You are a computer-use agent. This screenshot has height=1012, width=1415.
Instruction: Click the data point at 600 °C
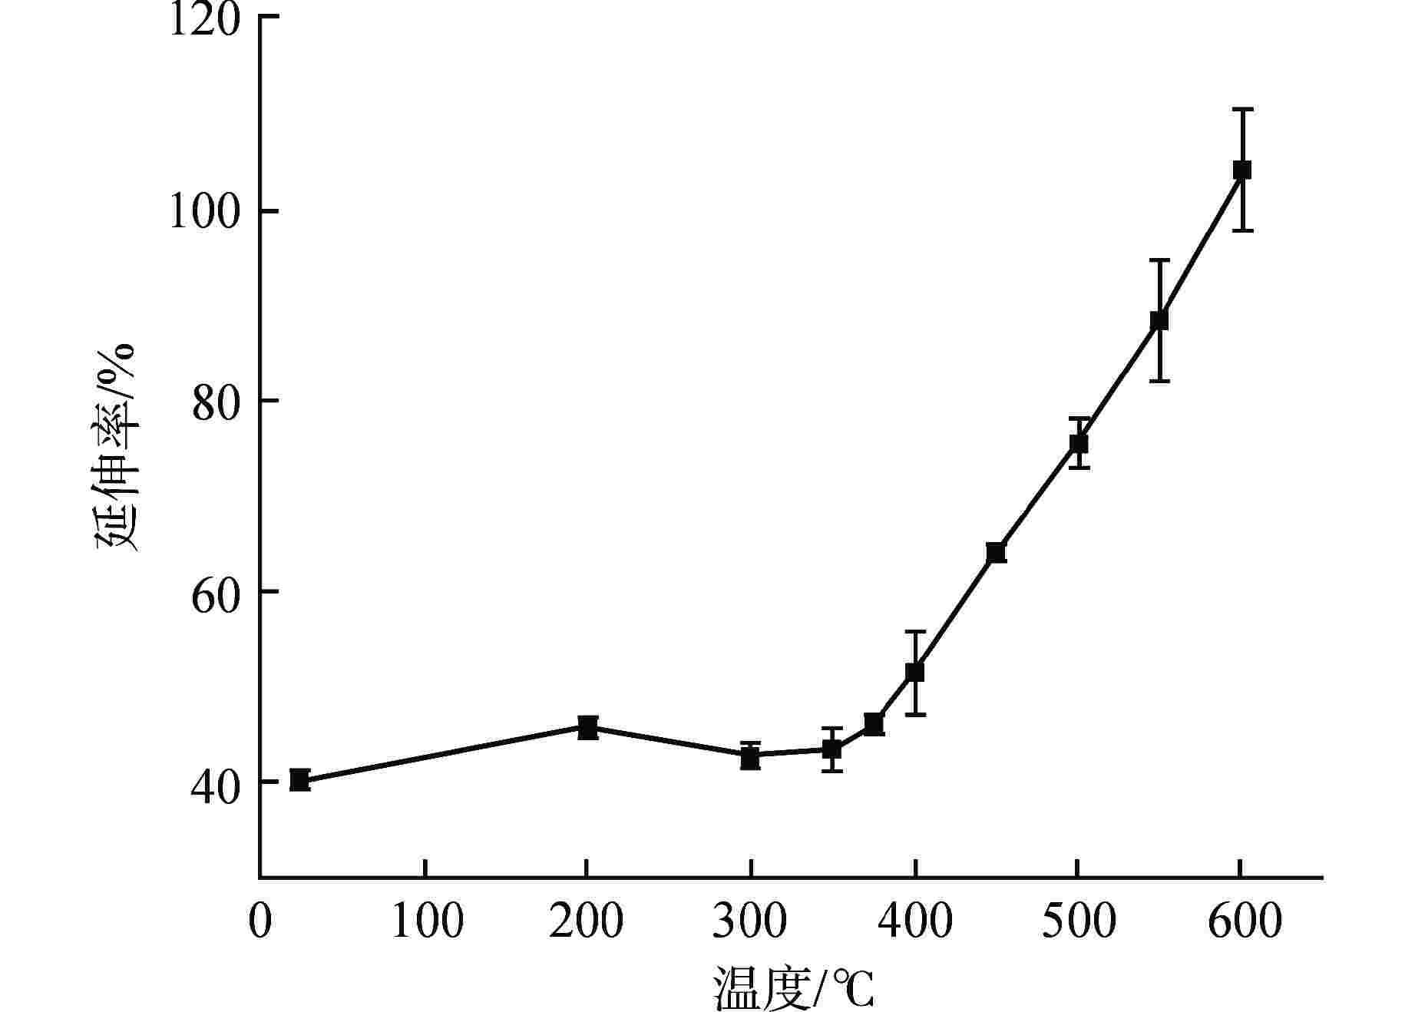point(1241,170)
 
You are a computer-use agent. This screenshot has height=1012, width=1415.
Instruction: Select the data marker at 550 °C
point(1159,320)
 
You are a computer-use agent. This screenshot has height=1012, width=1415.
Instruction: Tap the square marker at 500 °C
point(1078,443)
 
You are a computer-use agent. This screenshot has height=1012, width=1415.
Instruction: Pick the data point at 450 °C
point(996,552)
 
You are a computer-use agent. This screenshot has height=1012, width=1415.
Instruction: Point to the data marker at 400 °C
point(914,672)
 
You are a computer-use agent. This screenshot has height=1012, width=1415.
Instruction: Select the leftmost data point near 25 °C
point(299,780)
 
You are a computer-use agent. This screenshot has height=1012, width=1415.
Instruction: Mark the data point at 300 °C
point(750,758)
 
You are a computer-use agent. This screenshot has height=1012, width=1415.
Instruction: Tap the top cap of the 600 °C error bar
point(1241,110)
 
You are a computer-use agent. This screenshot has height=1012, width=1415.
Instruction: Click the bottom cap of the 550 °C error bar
point(1159,381)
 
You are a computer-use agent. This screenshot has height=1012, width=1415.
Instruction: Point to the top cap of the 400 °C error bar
point(914,631)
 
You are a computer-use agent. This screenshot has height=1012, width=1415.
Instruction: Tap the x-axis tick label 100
point(427,921)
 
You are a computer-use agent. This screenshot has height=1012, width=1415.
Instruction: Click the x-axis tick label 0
point(260,921)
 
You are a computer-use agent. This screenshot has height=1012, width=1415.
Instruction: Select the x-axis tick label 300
point(750,921)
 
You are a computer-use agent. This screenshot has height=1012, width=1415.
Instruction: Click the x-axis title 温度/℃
point(794,988)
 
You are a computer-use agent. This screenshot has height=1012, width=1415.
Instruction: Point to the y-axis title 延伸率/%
point(115,445)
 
